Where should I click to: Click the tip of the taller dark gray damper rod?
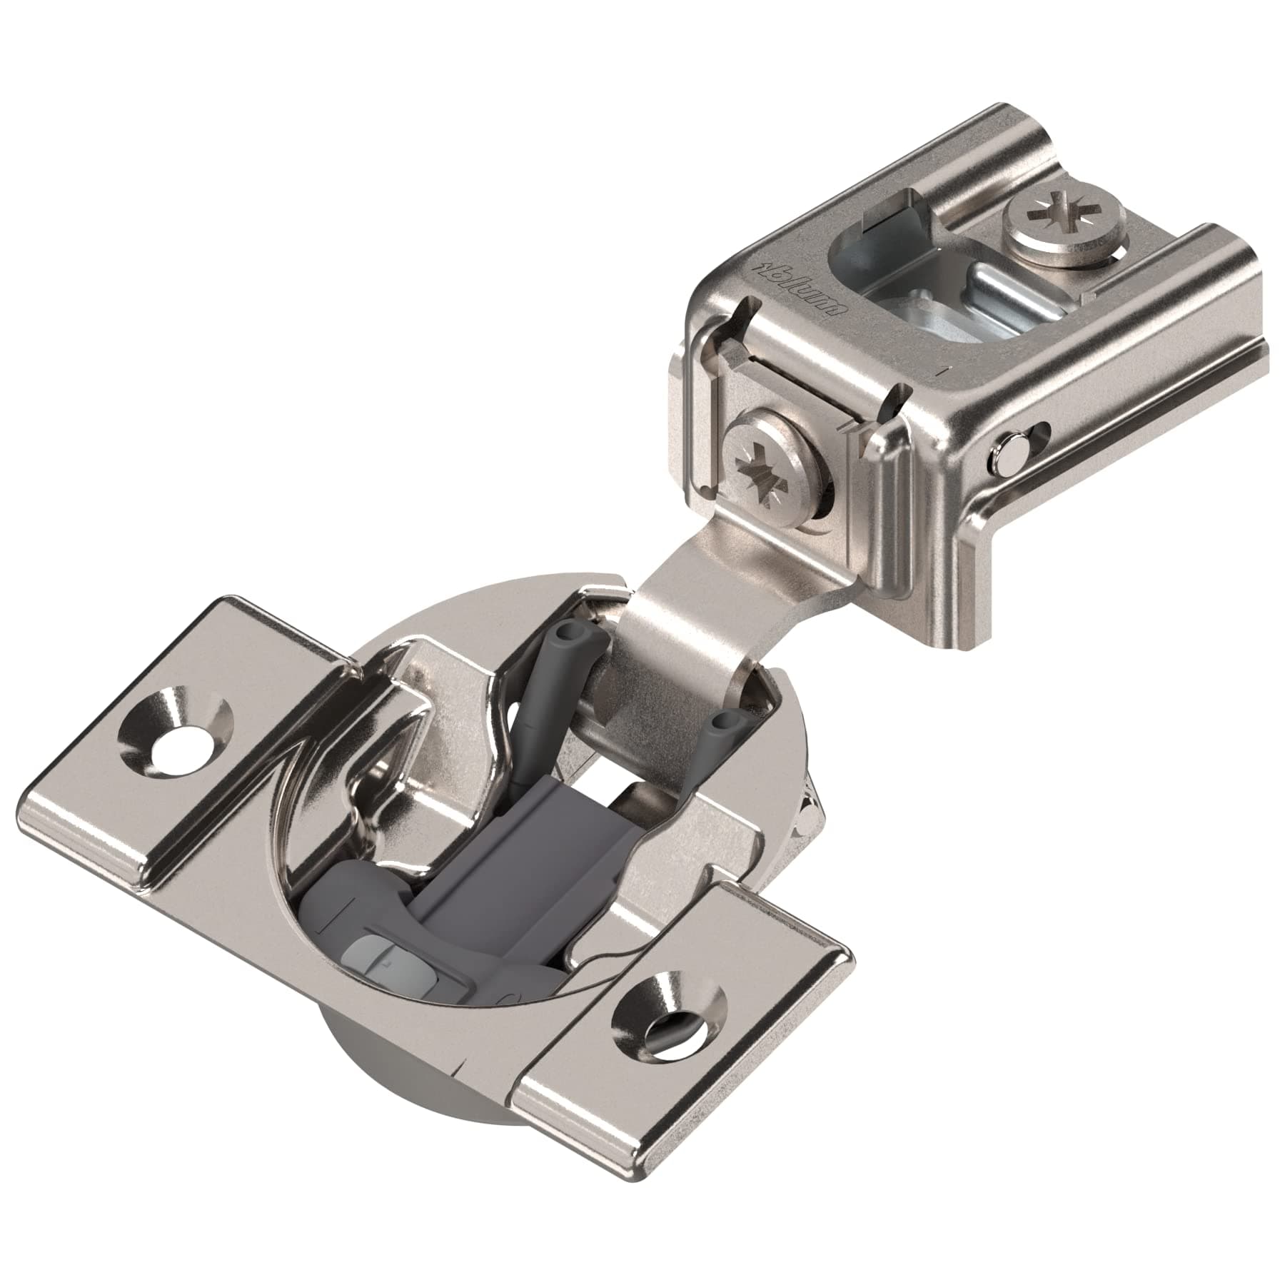coord(568,631)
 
